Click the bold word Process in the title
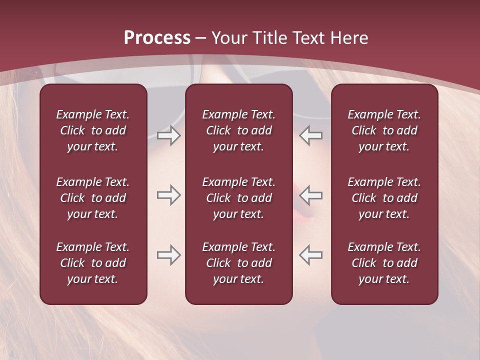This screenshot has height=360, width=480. [x=157, y=38]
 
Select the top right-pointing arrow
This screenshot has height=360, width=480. [x=168, y=135]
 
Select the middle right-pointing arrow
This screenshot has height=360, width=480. [x=168, y=195]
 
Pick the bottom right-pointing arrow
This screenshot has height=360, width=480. [x=168, y=255]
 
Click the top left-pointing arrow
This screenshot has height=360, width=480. [x=311, y=135]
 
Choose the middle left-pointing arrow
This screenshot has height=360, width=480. [x=311, y=195]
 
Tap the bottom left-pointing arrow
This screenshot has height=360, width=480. [x=311, y=255]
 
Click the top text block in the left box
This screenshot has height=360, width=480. [x=93, y=130]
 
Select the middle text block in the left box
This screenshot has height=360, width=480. [x=93, y=198]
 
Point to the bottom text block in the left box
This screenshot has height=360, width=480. [x=93, y=263]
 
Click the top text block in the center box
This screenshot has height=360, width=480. [x=238, y=130]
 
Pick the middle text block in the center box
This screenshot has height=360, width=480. [x=238, y=198]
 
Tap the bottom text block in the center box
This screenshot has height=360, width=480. [x=238, y=263]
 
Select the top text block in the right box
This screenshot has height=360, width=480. [x=384, y=130]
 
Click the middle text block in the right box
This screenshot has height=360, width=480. [x=384, y=198]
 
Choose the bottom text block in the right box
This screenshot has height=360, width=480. [x=384, y=263]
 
